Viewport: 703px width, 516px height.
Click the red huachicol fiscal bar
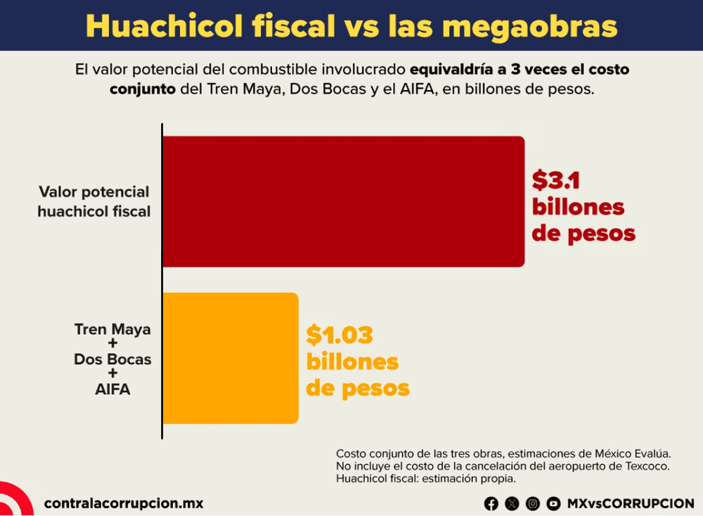tap(344, 201)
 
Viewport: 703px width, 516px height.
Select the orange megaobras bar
tap(231, 358)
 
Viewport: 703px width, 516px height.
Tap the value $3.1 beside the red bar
tap(556, 180)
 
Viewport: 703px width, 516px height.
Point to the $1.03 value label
tap(340, 335)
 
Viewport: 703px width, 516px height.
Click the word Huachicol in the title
tap(164, 25)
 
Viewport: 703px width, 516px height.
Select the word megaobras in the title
tap(529, 27)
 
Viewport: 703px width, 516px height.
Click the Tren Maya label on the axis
tap(112, 329)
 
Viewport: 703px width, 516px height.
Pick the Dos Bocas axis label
tap(112, 359)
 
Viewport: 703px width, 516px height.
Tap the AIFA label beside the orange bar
tap(112, 389)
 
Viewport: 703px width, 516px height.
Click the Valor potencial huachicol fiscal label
tap(94, 201)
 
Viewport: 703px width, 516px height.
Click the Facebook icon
tap(491, 504)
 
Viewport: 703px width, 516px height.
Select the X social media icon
tap(512, 504)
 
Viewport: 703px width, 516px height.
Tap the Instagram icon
tap(533, 504)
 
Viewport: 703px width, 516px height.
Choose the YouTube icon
tap(553, 504)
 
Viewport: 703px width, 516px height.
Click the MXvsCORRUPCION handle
tap(631, 504)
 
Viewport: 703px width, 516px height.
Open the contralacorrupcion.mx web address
tap(124, 503)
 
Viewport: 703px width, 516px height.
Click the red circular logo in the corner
tap(15, 499)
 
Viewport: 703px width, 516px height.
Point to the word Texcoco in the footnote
tap(649, 466)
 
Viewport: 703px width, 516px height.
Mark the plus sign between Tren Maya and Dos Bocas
tap(112, 344)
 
